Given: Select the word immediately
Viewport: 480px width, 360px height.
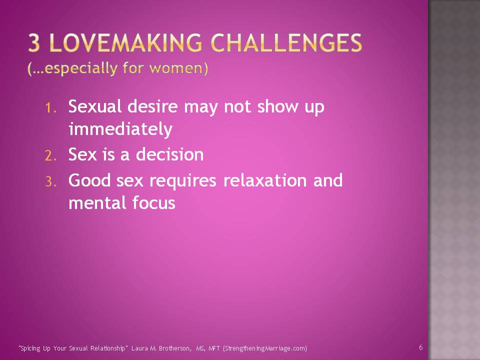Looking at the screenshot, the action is point(120,129).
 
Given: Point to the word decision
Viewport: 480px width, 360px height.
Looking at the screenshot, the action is point(170,154).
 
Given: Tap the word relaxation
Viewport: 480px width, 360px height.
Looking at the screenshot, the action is point(265,180).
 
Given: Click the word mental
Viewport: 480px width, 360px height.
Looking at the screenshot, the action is point(97,202).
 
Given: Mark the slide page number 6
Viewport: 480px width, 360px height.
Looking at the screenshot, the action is point(421,347).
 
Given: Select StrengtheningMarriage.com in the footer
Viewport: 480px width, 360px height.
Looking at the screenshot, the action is point(264,348).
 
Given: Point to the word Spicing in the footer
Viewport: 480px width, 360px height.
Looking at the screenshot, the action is point(30,348).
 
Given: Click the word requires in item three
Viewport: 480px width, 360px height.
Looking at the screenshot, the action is point(183,181).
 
